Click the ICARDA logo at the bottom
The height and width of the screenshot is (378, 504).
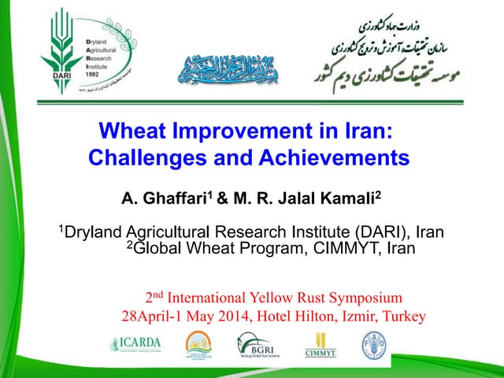(136, 344)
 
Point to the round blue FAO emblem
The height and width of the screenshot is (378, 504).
(373, 344)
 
